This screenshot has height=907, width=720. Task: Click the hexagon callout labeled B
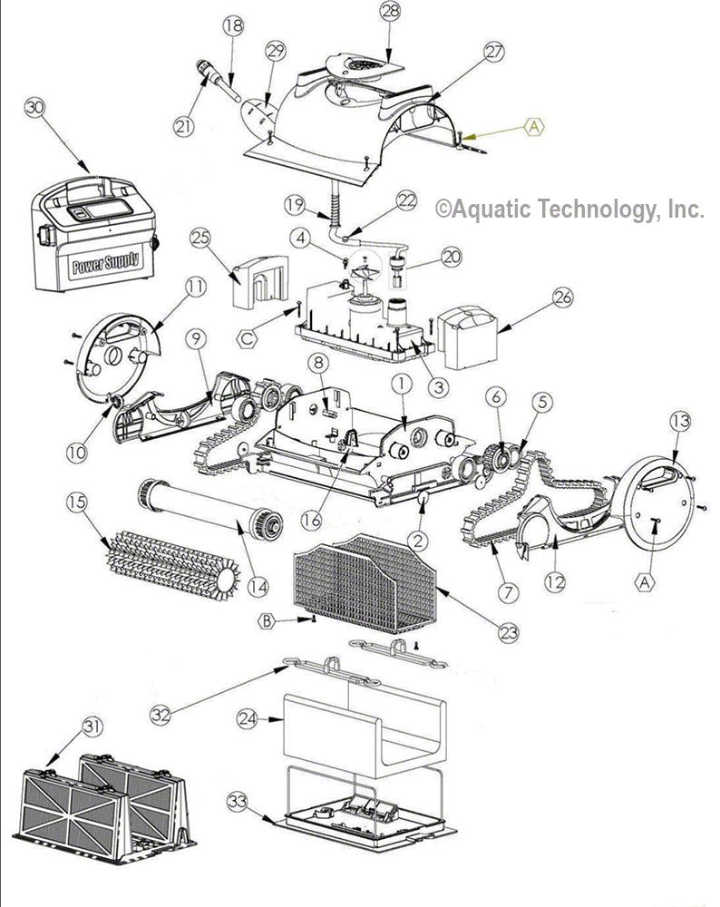[268, 621]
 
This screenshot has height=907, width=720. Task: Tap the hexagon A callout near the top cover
[534, 128]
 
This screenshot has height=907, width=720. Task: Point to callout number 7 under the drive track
[506, 592]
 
